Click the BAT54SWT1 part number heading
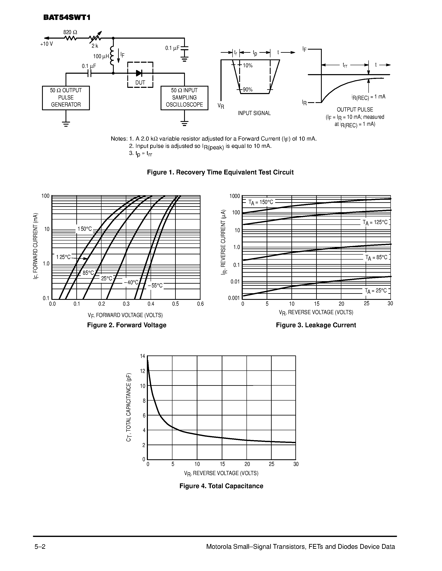click(x=67, y=17)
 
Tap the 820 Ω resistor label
click(x=70, y=32)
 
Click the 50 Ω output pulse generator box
click(x=66, y=98)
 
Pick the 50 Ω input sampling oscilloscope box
click(x=184, y=98)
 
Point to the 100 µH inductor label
click(x=101, y=56)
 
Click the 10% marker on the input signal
click(x=248, y=65)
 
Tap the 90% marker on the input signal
click(x=248, y=90)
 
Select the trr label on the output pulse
click(x=345, y=65)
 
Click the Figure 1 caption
click(x=220, y=172)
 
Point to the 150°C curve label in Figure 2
click(x=85, y=229)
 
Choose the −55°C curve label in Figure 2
click(x=155, y=285)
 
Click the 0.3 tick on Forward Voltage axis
click(x=126, y=304)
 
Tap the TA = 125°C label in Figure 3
click(x=375, y=223)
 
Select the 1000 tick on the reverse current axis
click(x=235, y=196)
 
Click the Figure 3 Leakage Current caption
click(x=316, y=325)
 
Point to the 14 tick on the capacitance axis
click(x=142, y=356)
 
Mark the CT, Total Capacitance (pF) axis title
click(x=128, y=407)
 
